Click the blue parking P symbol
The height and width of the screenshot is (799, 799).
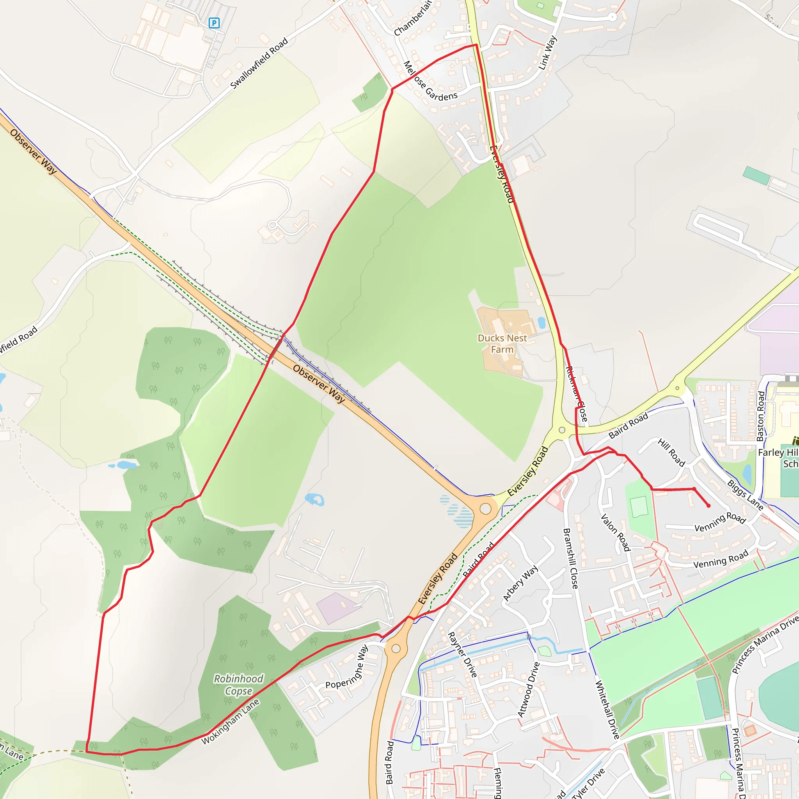click(x=214, y=23)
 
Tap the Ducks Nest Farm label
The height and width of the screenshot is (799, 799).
click(x=502, y=344)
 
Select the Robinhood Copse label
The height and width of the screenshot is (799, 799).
click(x=238, y=685)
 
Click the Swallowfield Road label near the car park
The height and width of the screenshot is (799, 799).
click(x=259, y=63)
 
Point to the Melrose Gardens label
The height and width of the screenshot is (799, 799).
click(x=430, y=82)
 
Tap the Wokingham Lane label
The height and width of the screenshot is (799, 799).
click(x=230, y=721)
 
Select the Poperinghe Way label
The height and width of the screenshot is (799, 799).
click(x=346, y=667)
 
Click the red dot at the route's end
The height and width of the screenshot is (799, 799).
click(x=708, y=505)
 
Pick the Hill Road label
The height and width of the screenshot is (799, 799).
click(x=671, y=453)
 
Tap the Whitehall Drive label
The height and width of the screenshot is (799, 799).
click(x=607, y=710)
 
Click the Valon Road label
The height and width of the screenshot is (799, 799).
click(x=615, y=533)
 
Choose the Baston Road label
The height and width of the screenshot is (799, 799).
click(x=761, y=416)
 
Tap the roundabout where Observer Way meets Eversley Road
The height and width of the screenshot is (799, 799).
click(x=485, y=509)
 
